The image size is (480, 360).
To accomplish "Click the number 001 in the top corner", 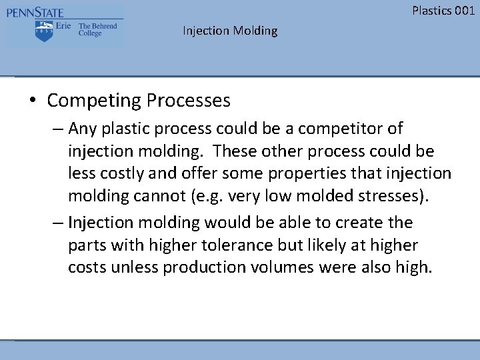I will coord(463,10).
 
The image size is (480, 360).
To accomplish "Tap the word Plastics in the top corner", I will coord(431,10).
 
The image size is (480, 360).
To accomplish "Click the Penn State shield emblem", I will coord(45,31).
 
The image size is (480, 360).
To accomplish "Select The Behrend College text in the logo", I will coord(97,29).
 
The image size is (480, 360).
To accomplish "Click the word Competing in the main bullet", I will coord(94,101).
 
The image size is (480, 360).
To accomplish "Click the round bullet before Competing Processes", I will coord(32,101).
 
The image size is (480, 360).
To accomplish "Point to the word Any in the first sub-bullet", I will coord(82,127).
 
